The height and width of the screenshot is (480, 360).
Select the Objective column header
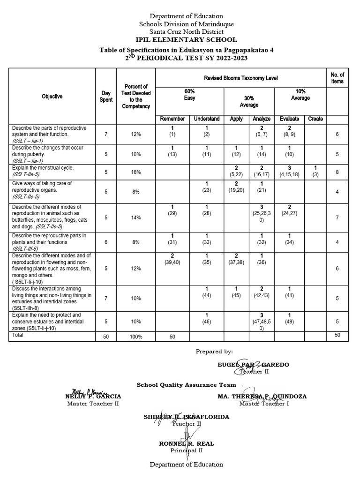point(52,97)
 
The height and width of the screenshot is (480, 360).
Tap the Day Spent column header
point(106,97)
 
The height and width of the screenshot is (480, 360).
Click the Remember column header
point(172,119)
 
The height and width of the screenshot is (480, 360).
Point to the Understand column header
point(207,119)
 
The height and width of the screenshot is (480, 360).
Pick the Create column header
point(315,119)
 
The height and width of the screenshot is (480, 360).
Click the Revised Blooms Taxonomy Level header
point(241,78)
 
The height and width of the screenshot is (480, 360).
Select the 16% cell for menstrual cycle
point(136,172)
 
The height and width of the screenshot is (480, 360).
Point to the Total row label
point(17,336)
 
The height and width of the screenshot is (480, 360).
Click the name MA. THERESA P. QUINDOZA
point(262,396)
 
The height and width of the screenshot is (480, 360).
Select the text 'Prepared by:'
point(214,351)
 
